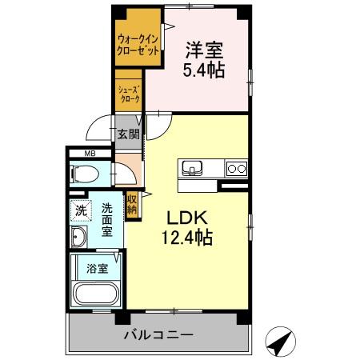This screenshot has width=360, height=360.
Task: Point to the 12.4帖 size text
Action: point(190,238)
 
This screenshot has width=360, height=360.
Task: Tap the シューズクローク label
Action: point(129,94)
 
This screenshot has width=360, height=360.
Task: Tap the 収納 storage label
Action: point(130,203)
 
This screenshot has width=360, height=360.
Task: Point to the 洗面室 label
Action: point(107,219)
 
